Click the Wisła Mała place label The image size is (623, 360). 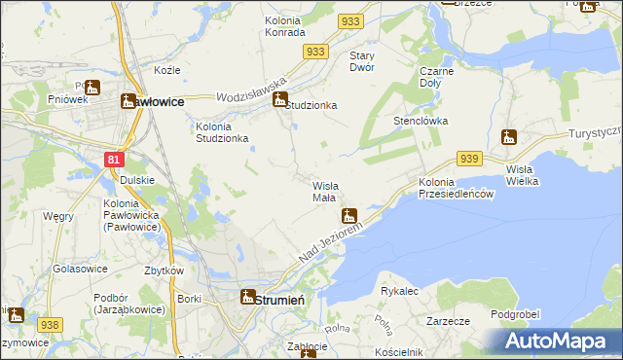(324, 192)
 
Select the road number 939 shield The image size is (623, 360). (469, 159)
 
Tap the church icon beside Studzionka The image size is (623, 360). (280, 98)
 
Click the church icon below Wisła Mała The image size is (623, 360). (348, 215)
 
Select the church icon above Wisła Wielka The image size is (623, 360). (507, 137)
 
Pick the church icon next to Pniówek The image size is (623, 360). (92, 87)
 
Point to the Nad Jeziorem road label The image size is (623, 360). (330, 241)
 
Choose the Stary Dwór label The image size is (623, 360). (369, 62)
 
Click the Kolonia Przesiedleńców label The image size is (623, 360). (458, 189)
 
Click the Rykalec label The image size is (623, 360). (399, 291)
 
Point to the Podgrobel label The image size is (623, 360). (515, 313)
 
